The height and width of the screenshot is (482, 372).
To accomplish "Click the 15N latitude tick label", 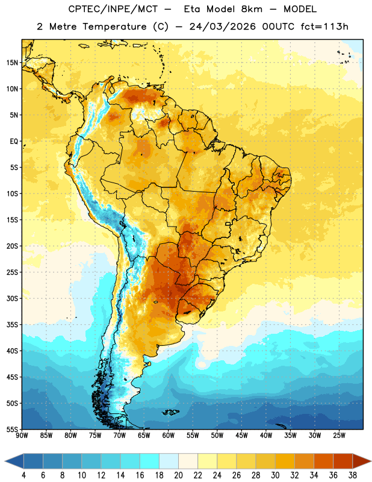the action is click(12, 63).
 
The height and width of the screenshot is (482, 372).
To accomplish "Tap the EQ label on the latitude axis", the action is click(14, 142).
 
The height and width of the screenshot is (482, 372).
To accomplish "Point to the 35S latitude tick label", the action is click(12, 325).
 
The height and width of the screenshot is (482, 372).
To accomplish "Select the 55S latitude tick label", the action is click(12, 430).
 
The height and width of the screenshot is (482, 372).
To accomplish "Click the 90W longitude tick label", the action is click(22, 436).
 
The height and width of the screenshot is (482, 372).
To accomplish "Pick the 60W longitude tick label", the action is click(169, 436).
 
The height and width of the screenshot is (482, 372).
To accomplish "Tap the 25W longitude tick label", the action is click(339, 436).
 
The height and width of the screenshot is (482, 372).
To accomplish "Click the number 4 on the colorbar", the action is click(23, 475).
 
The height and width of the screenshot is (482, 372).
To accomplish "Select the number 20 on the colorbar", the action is click(178, 475).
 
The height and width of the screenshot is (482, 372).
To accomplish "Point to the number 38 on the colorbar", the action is click(353, 475).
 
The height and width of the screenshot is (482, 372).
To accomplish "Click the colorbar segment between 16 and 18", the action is click(150, 461).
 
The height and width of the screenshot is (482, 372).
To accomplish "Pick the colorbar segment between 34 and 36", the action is click(324, 461).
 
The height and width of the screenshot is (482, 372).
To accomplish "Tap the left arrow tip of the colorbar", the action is click(5, 461).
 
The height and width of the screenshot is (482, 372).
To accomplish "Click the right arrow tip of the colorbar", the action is click(371, 461).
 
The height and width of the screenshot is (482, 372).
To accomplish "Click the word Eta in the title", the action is click(192, 9).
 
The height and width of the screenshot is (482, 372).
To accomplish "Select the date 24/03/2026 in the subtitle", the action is click(223, 27).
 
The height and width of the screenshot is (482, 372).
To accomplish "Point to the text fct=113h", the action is click(324, 27).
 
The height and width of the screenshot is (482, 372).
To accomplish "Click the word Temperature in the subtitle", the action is click(114, 27).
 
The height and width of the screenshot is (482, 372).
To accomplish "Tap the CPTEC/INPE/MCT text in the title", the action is click(113, 9).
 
